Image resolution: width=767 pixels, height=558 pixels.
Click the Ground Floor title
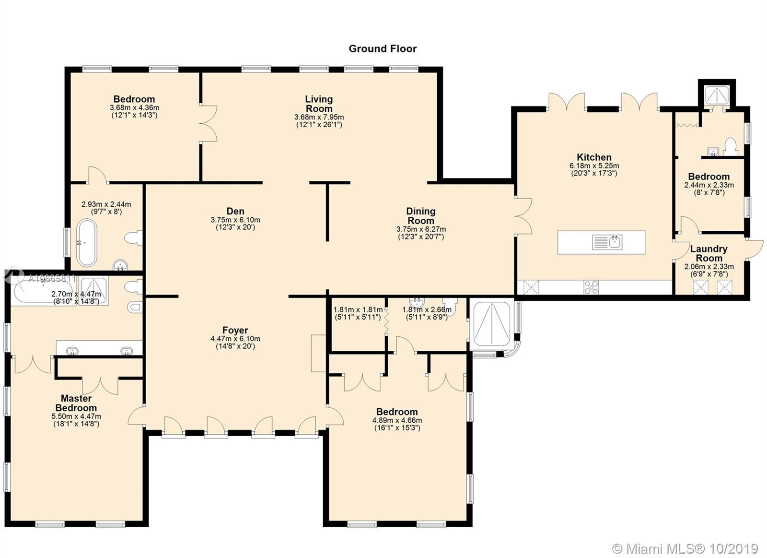(x=383, y=48)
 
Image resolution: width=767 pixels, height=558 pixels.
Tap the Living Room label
(x=319, y=104)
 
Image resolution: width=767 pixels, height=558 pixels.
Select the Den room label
(x=235, y=211)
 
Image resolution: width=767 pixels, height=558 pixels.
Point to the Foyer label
(x=235, y=330)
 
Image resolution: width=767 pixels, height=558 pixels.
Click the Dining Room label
(x=421, y=216)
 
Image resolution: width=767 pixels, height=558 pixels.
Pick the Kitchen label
(x=594, y=157)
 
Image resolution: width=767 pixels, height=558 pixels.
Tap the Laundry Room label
(x=709, y=253)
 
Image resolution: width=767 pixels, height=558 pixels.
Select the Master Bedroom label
(x=76, y=403)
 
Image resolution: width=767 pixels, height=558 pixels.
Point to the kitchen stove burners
(x=592, y=287)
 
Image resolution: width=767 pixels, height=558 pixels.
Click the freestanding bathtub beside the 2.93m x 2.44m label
(x=87, y=243)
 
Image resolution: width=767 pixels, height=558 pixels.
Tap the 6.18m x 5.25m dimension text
(x=594, y=166)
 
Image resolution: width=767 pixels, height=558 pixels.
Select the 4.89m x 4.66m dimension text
(x=397, y=420)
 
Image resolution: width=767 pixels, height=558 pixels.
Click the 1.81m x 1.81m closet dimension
(x=358, y=309)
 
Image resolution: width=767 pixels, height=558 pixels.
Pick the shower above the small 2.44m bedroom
(x=717, y=95)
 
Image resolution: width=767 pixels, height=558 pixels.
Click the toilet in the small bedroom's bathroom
(x=731, y=146)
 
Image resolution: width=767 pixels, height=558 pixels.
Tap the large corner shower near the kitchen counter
(x=492, y=324)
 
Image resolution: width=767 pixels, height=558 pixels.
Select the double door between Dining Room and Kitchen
(x=523, y=216)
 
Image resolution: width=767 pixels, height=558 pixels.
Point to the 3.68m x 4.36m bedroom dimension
(x=135, y=107)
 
